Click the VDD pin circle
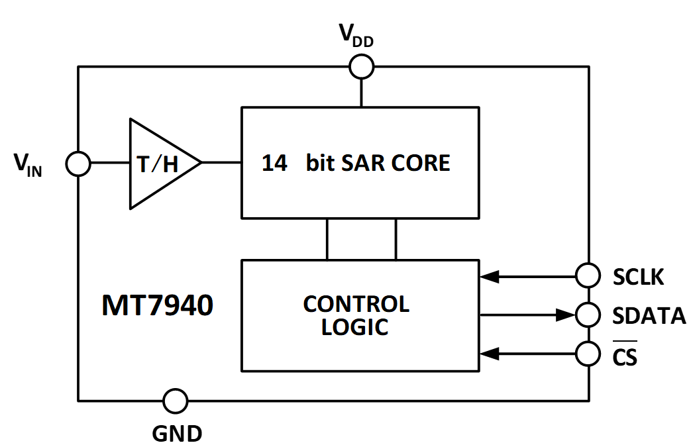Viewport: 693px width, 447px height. [362, 66]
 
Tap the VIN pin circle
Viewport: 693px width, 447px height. [78, 164]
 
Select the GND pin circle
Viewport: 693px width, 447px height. [176, 401]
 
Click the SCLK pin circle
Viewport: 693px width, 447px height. [588, 274]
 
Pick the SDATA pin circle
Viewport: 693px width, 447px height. [588, 315]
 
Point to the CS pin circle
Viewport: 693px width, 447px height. [588, 354]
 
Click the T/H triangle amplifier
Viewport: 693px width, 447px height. [159, 164]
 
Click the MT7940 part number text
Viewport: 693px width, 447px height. [157, 306]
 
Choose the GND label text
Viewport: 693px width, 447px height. [177, 433]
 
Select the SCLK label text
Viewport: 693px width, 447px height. [638, 277]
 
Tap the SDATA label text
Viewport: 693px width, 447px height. [649, 316]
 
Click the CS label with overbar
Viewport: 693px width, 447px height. [625, 356]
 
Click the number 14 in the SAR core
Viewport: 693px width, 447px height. [275, 163]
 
